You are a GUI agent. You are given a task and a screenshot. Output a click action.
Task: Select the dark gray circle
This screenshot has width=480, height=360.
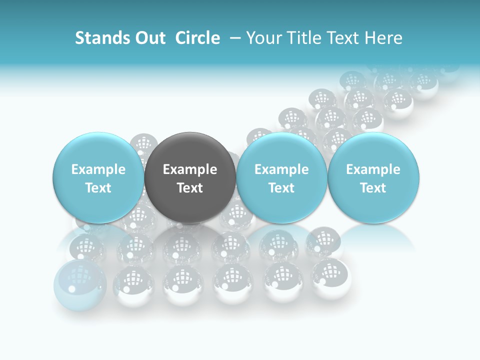tap(190, 177)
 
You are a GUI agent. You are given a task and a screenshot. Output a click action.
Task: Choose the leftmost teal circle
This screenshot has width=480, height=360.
tap(98, 177)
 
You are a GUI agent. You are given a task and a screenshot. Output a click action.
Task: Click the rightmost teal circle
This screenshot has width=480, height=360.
tap(373, 177)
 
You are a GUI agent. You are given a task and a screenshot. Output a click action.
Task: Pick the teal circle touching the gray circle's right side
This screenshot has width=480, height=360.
tap(281, 177)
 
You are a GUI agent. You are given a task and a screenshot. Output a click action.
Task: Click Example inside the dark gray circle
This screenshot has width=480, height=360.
tap(190, 169)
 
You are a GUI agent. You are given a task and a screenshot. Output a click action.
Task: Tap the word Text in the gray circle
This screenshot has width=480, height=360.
tap(190, 188)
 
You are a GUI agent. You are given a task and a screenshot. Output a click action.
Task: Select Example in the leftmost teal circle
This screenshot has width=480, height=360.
tap(98, 169)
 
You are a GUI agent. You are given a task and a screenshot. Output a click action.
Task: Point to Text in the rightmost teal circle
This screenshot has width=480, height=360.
tap(373, 188)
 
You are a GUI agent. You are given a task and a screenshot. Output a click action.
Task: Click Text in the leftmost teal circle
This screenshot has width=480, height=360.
tap(98, 188)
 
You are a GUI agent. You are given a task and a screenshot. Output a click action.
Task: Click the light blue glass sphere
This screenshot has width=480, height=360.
tap(80, 284)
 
